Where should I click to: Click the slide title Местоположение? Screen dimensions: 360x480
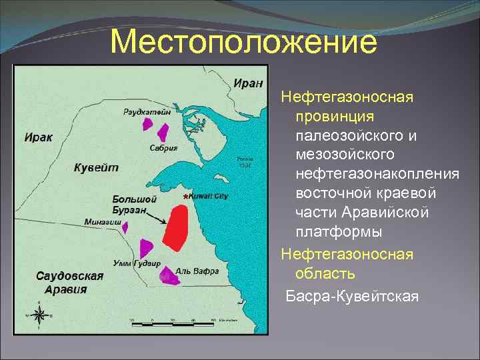coord(243,42)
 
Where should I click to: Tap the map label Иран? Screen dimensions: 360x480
coord(247,83)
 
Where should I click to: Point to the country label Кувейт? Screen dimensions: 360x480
coord(96,167)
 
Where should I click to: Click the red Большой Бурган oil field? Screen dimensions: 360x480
coord(175,229)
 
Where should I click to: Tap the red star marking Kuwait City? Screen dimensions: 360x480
coord(185,197)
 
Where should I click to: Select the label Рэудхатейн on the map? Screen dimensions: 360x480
coord(147,111)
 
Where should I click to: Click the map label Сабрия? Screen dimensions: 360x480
coord(163,148)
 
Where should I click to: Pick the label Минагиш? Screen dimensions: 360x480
coord(103,221)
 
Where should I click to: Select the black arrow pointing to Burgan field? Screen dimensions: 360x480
coord(155,217)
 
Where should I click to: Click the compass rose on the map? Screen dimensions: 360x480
coord(39,315)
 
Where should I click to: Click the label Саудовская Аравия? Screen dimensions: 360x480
coord(70,282)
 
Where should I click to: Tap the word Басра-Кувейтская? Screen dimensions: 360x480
coord(352,295)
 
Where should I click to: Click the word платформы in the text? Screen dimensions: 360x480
coord(339,232)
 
